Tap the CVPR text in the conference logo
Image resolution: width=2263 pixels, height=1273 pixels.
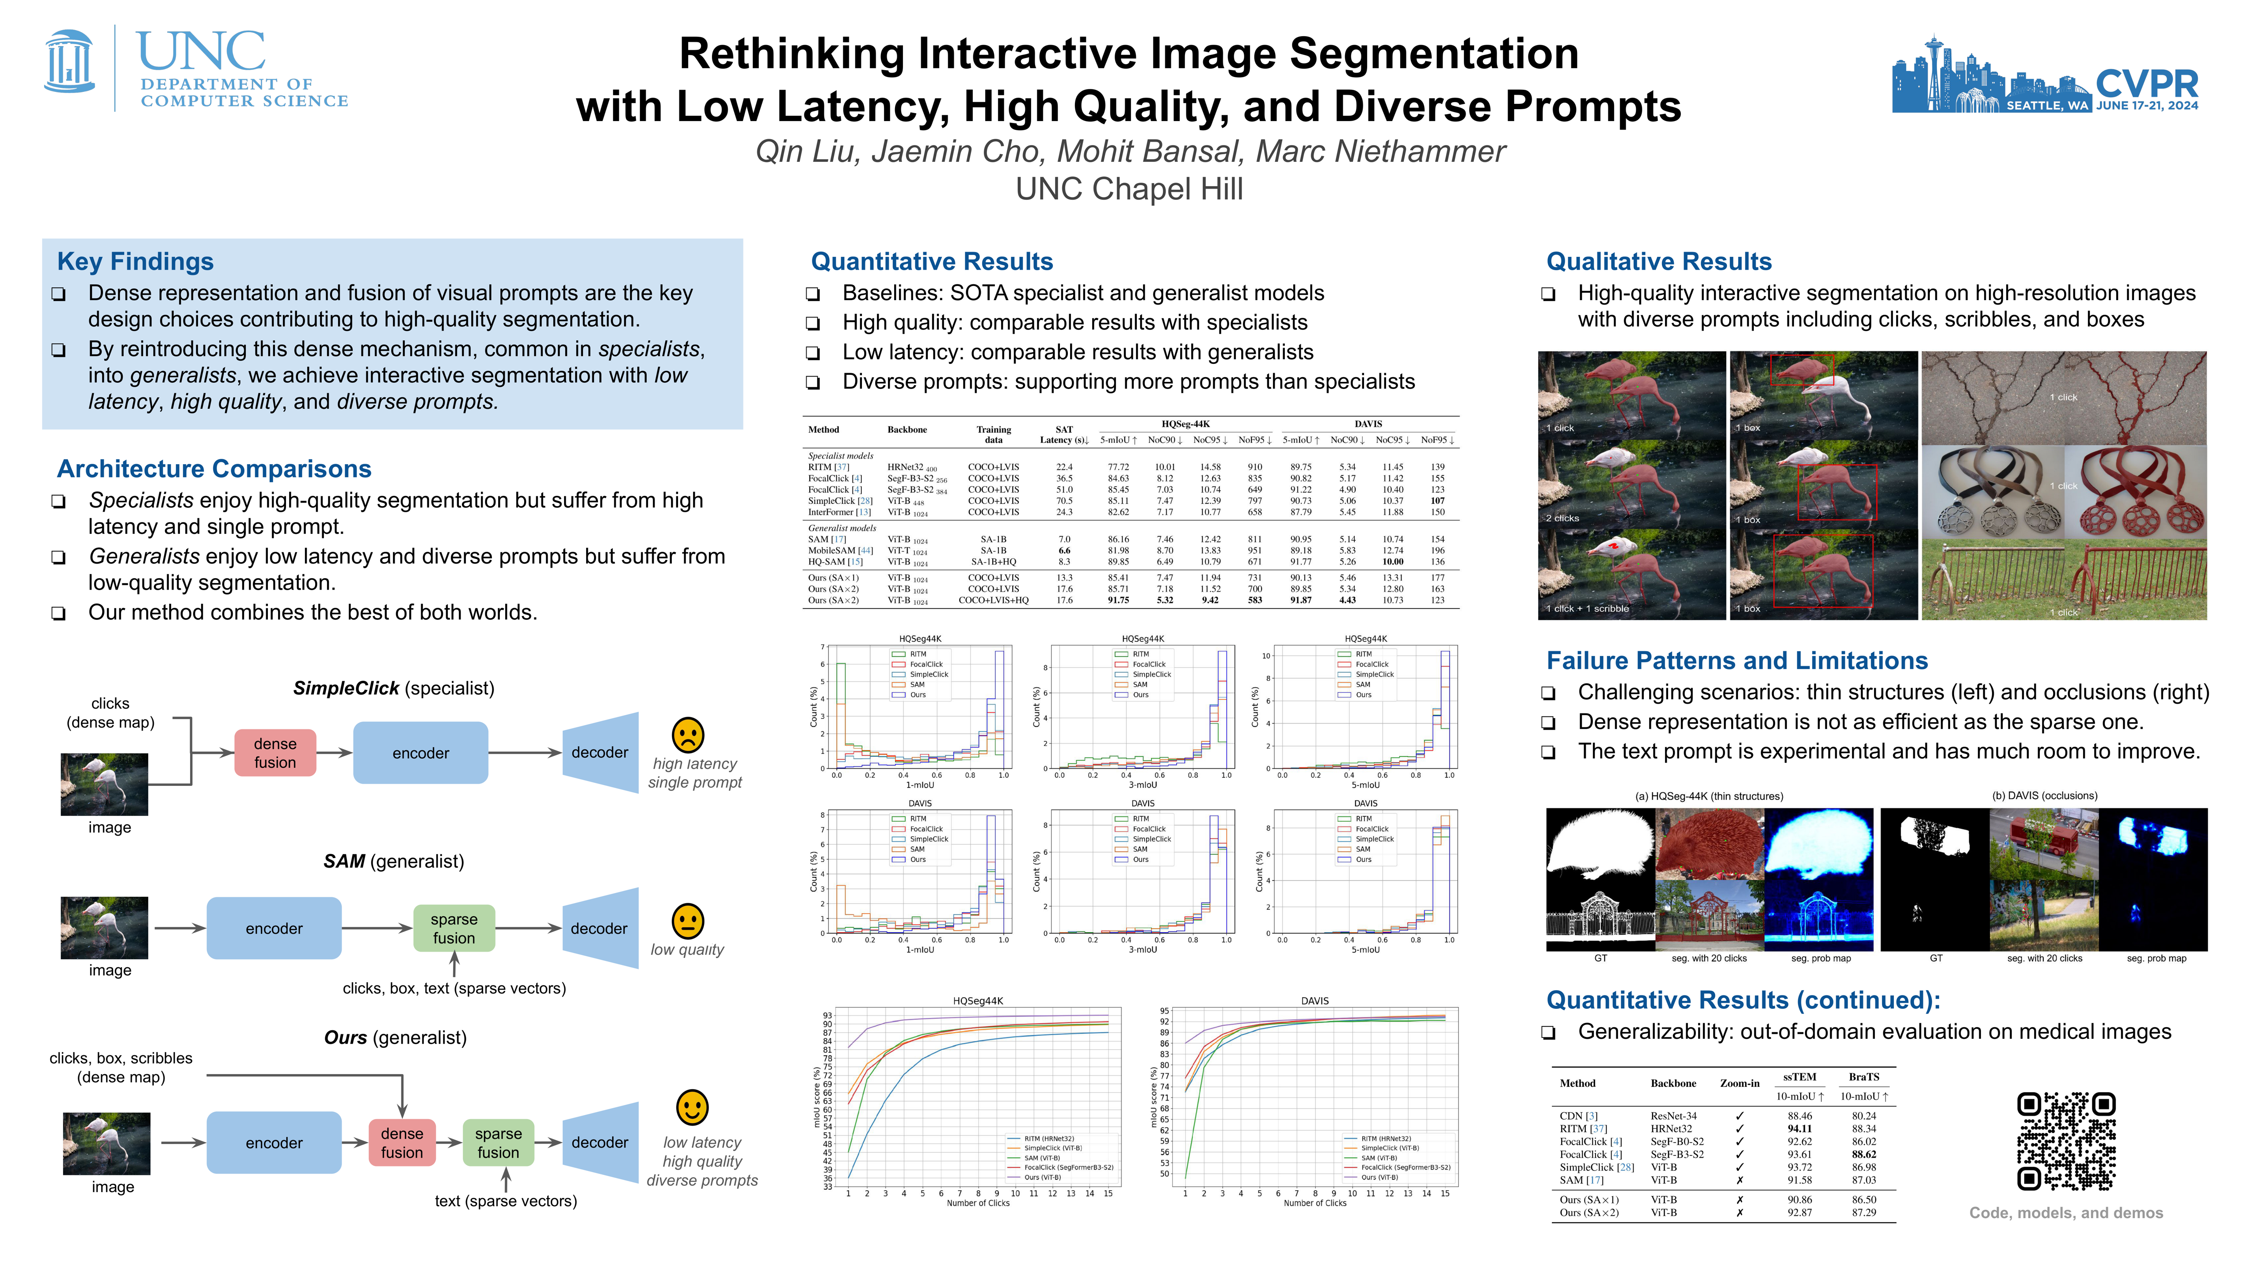(2146, 84)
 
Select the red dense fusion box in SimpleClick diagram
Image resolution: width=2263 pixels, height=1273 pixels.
(275, 753)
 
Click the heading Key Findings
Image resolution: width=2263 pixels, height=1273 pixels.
(135, 262)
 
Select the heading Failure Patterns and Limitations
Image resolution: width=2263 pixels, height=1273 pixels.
(1737, 661)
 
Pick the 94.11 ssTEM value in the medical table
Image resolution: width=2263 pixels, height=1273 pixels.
(1799, 1129)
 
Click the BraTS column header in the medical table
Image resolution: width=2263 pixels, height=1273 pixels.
(1863, 1077)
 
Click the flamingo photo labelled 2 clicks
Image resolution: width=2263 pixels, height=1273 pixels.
(1631, 486)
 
